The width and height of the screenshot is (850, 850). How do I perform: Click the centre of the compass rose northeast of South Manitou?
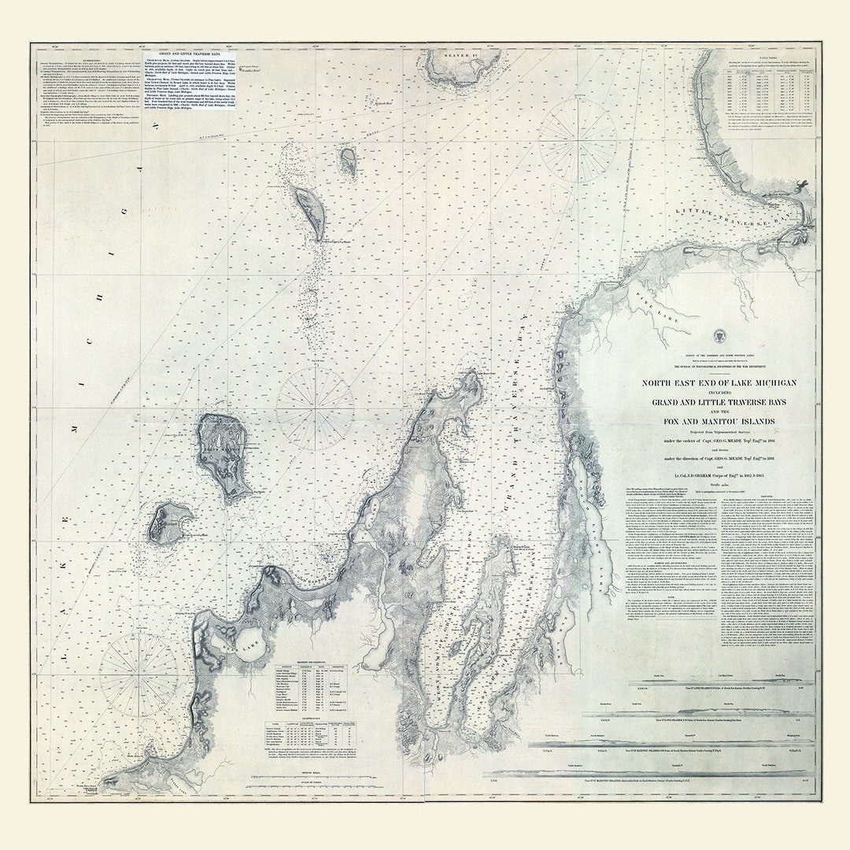pyautogui.click(x=315, y=408)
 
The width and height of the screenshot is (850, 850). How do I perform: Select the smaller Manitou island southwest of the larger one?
pyautogui.click(x=169, y=522)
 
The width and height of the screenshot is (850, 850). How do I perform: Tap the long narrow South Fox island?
pyautogui.click(x=309, y=210)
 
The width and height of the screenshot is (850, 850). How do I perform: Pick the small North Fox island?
pyautogui.click(x=348, y=161)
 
